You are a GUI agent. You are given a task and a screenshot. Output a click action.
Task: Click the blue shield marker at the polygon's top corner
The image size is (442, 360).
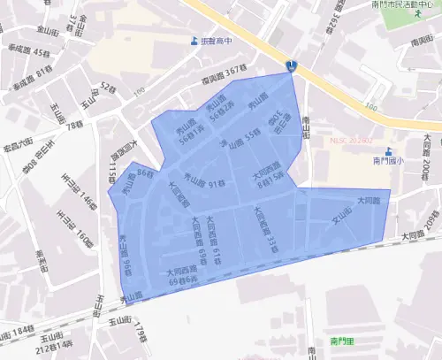pyautogui.click(x=292, y=65)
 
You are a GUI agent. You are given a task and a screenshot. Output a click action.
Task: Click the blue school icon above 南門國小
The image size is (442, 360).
pyautogui.click(x=400, y=149)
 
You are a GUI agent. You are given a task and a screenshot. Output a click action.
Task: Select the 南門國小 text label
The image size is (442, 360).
pyautogui.click(x=387, y=161)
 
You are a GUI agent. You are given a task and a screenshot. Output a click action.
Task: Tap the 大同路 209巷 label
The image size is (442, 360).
pyautogui.click(x=420, y=229)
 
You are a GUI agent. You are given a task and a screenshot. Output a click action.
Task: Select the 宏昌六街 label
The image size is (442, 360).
pyautogui.click(x=17, y=147)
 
